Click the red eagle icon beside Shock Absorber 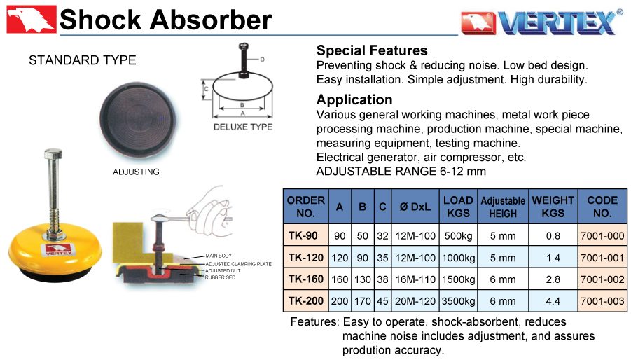coord(31,20)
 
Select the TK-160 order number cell coord(306,279)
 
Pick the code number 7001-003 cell coord(602,301)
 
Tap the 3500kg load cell coord(458,301)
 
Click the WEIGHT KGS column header coord(553,207)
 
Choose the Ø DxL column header coord(415,207)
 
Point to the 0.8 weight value coord(553,236)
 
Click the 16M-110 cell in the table coord(415,279)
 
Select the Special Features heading coord(372,50)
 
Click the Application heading coord(354,99)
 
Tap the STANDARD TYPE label coord(83,60)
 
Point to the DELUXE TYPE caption coord(243,127)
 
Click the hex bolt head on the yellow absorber coord(53,154)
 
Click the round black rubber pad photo coord(138,120)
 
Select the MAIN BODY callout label coord(219,256)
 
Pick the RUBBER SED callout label coord(220,277)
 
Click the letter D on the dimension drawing coord(263,60)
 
